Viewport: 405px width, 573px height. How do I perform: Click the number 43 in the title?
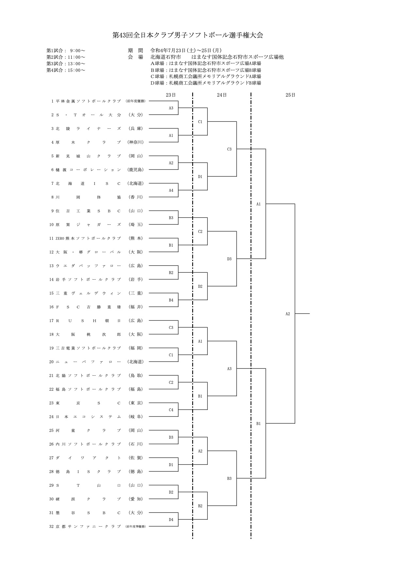[x=125, y=35]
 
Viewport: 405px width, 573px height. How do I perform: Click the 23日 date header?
[x=171, y=95]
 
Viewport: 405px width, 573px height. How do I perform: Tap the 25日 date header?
[x=290, y=95]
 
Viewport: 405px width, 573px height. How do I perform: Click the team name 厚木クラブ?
[x=88, y=142]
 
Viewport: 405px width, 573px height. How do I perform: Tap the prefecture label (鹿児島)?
[x=136, y=170]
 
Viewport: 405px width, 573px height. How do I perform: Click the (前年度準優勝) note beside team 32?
[x=135, y=526]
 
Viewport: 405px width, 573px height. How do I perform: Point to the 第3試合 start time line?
[x=66, y=63]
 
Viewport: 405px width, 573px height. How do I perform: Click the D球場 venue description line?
[x=206, y=83]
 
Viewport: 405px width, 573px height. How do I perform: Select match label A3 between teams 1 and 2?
[x=171, y=108]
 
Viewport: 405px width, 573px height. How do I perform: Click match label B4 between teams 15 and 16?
[x=171, y=300]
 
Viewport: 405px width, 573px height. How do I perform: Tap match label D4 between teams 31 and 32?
[x=171, y=519]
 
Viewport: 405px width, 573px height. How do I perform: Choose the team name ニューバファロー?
[x=88, y=362]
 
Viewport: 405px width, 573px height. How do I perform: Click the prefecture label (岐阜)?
[x=136, y=417]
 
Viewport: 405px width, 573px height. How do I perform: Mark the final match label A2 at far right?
[x=288, y=314]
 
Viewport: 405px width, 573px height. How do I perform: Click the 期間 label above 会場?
[x=135, y=50]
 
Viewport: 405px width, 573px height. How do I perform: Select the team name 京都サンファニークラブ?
[x=88, y=526]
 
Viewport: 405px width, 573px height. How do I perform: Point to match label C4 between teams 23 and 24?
[x=171, y=410]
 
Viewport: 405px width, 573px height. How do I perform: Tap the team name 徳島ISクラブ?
[x=88, y=471]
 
